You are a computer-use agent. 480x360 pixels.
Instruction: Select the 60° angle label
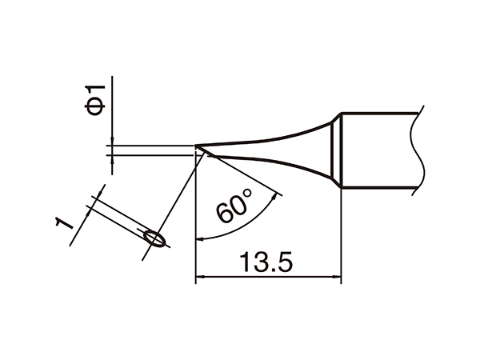pos(234,210)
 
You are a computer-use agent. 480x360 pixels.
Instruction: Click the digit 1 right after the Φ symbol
pos(96,86)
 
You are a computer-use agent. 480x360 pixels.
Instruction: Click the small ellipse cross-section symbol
pos(155,238)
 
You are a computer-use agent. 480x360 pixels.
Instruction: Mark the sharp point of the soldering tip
pos(197,146)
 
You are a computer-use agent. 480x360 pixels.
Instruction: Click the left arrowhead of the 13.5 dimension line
pos(200,278)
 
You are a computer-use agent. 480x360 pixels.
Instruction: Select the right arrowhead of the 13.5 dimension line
pos(337,278)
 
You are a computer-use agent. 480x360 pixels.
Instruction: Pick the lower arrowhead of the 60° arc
pos(201,238)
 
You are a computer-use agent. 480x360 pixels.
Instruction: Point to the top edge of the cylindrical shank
pos(380,112)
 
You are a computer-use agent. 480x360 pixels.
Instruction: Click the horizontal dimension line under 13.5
pos(269,278)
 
